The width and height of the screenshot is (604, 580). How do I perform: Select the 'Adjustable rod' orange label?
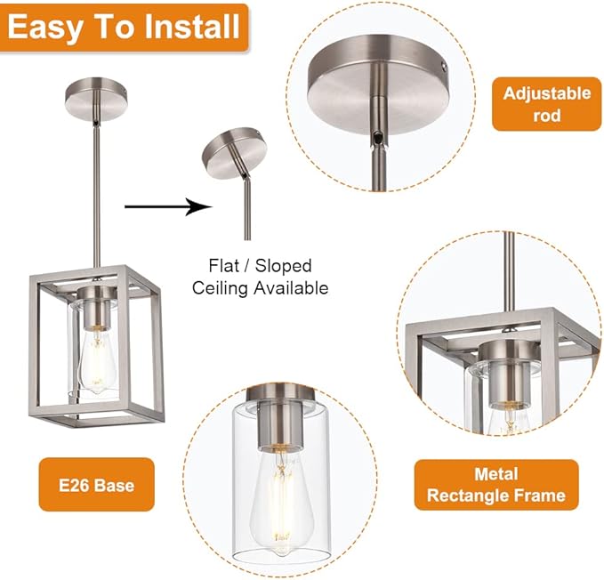tap(546, 104)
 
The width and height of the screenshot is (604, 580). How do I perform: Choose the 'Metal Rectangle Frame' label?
tap(495, 485)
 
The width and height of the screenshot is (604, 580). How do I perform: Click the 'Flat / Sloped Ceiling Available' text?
tap(261, 277)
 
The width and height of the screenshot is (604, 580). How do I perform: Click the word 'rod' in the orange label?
tap(546, 116)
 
